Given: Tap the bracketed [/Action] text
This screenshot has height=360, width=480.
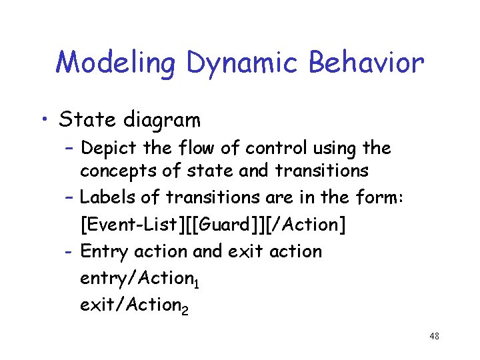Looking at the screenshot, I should pyautogui.click(x=306, y=225).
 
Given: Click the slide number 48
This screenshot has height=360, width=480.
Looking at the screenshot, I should pyautogui.click(x=434, y=337).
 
